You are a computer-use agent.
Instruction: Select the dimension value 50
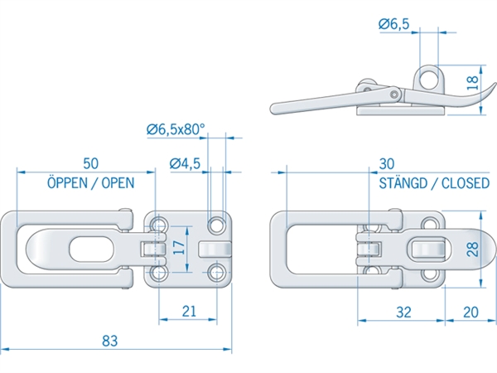coord(92,162)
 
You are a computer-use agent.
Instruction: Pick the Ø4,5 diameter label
coord(184,162)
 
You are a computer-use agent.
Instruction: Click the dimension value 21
coord(189,311)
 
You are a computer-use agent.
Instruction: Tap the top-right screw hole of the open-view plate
coord(216,224)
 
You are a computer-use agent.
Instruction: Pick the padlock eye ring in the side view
coord(428,78)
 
